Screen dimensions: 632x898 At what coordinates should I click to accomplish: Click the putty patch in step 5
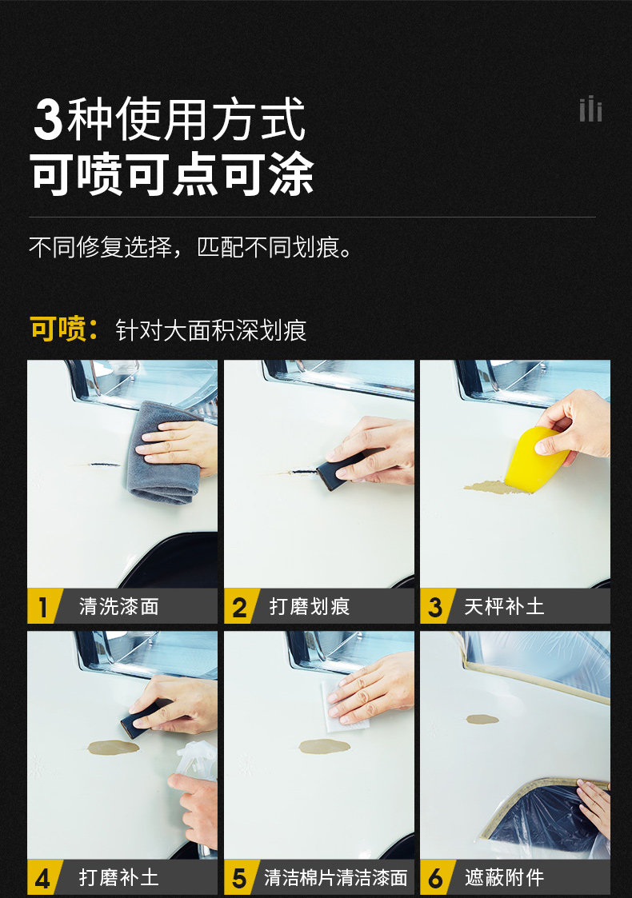(x=324, y=746)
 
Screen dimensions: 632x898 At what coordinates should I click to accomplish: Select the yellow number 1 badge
(x=43, y=606)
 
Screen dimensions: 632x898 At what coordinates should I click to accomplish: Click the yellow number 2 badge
(x=240, y=606)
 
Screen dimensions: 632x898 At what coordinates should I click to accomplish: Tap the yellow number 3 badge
(x=437, y=606)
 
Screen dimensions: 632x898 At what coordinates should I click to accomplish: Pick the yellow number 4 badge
(x=43, y=877)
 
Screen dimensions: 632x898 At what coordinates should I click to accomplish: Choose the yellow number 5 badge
(x=240, y=877)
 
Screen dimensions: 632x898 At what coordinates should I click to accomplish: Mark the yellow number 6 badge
(x=437, y=877)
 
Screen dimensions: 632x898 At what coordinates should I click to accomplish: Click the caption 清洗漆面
(x=119, y=606)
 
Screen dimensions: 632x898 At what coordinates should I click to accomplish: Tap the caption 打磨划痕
(x=310, y=606)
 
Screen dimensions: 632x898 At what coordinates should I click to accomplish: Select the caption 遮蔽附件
(x=504, y=877)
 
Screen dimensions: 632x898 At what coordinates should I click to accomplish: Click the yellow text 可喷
(x=58, y=329)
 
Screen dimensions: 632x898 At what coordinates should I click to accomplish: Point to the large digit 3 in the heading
(x=48, y=119)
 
